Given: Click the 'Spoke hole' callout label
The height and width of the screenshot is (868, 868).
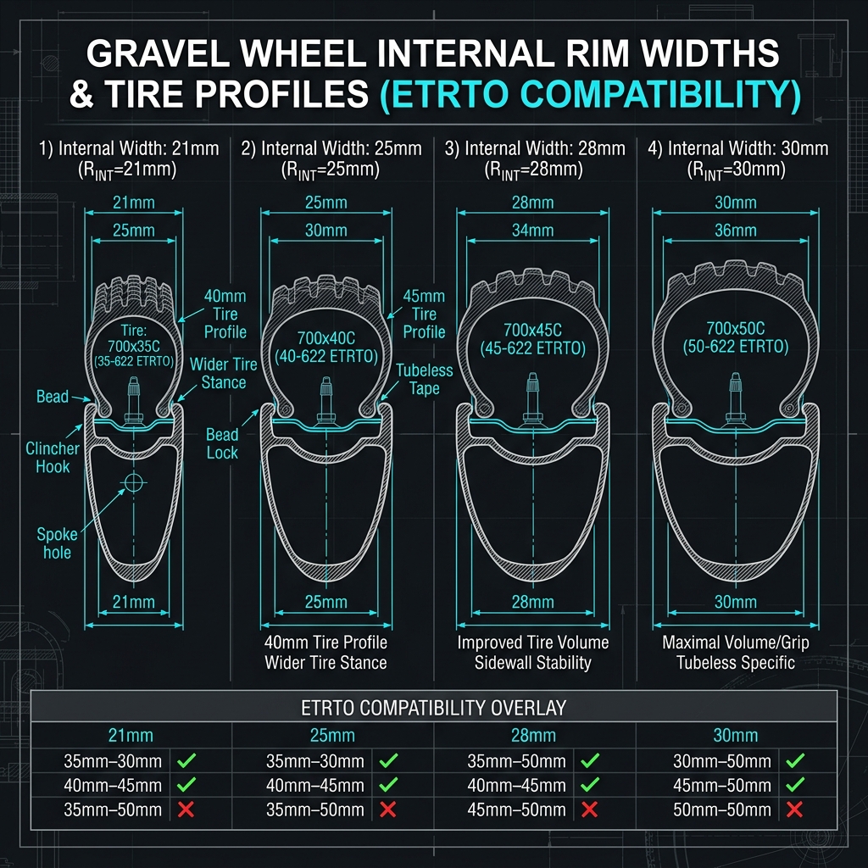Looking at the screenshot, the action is click(x=57, y=543).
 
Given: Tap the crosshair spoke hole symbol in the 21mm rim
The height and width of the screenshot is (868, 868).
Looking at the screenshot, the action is click(x=133, y=482).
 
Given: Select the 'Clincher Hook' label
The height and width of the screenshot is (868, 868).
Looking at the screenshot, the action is click(x=53, y=457).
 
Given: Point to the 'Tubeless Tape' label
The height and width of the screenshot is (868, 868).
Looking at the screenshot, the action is click(x=424, y=379).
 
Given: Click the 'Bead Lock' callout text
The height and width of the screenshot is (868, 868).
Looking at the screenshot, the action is click(x=222, y=443).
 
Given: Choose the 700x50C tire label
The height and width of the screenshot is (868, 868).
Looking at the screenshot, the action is click(x=736, y=328).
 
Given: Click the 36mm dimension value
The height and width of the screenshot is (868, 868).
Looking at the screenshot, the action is click(x=735, y=231).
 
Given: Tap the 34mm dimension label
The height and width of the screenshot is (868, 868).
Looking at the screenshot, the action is click(x=532, y=231).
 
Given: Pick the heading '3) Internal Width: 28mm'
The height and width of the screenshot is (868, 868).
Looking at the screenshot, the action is click(x=535, y=148).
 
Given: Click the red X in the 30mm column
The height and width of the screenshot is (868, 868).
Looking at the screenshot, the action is click(x=794, y=810).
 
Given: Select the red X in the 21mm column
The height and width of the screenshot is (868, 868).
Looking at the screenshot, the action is click(x=186, y=810).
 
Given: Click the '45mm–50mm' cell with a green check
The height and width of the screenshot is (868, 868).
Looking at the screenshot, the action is click(x=722, y=785).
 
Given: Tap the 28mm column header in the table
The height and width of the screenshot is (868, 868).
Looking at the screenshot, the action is click(x=533, y=735).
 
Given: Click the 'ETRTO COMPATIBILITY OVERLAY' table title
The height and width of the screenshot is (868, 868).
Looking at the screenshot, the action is click(x=433, y=708).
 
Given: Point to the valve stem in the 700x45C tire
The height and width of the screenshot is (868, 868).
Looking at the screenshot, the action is click(x=532, y=398).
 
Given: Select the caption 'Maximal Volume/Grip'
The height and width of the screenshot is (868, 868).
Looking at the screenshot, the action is click(x=736, y=643).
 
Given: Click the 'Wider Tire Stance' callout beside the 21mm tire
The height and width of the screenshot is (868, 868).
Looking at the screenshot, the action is click(x=224, y=373).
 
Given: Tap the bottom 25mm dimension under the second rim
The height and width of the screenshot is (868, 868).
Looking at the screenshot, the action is click(x=326, y=602).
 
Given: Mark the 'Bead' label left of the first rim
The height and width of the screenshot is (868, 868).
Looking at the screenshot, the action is click(x=53, y=397).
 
